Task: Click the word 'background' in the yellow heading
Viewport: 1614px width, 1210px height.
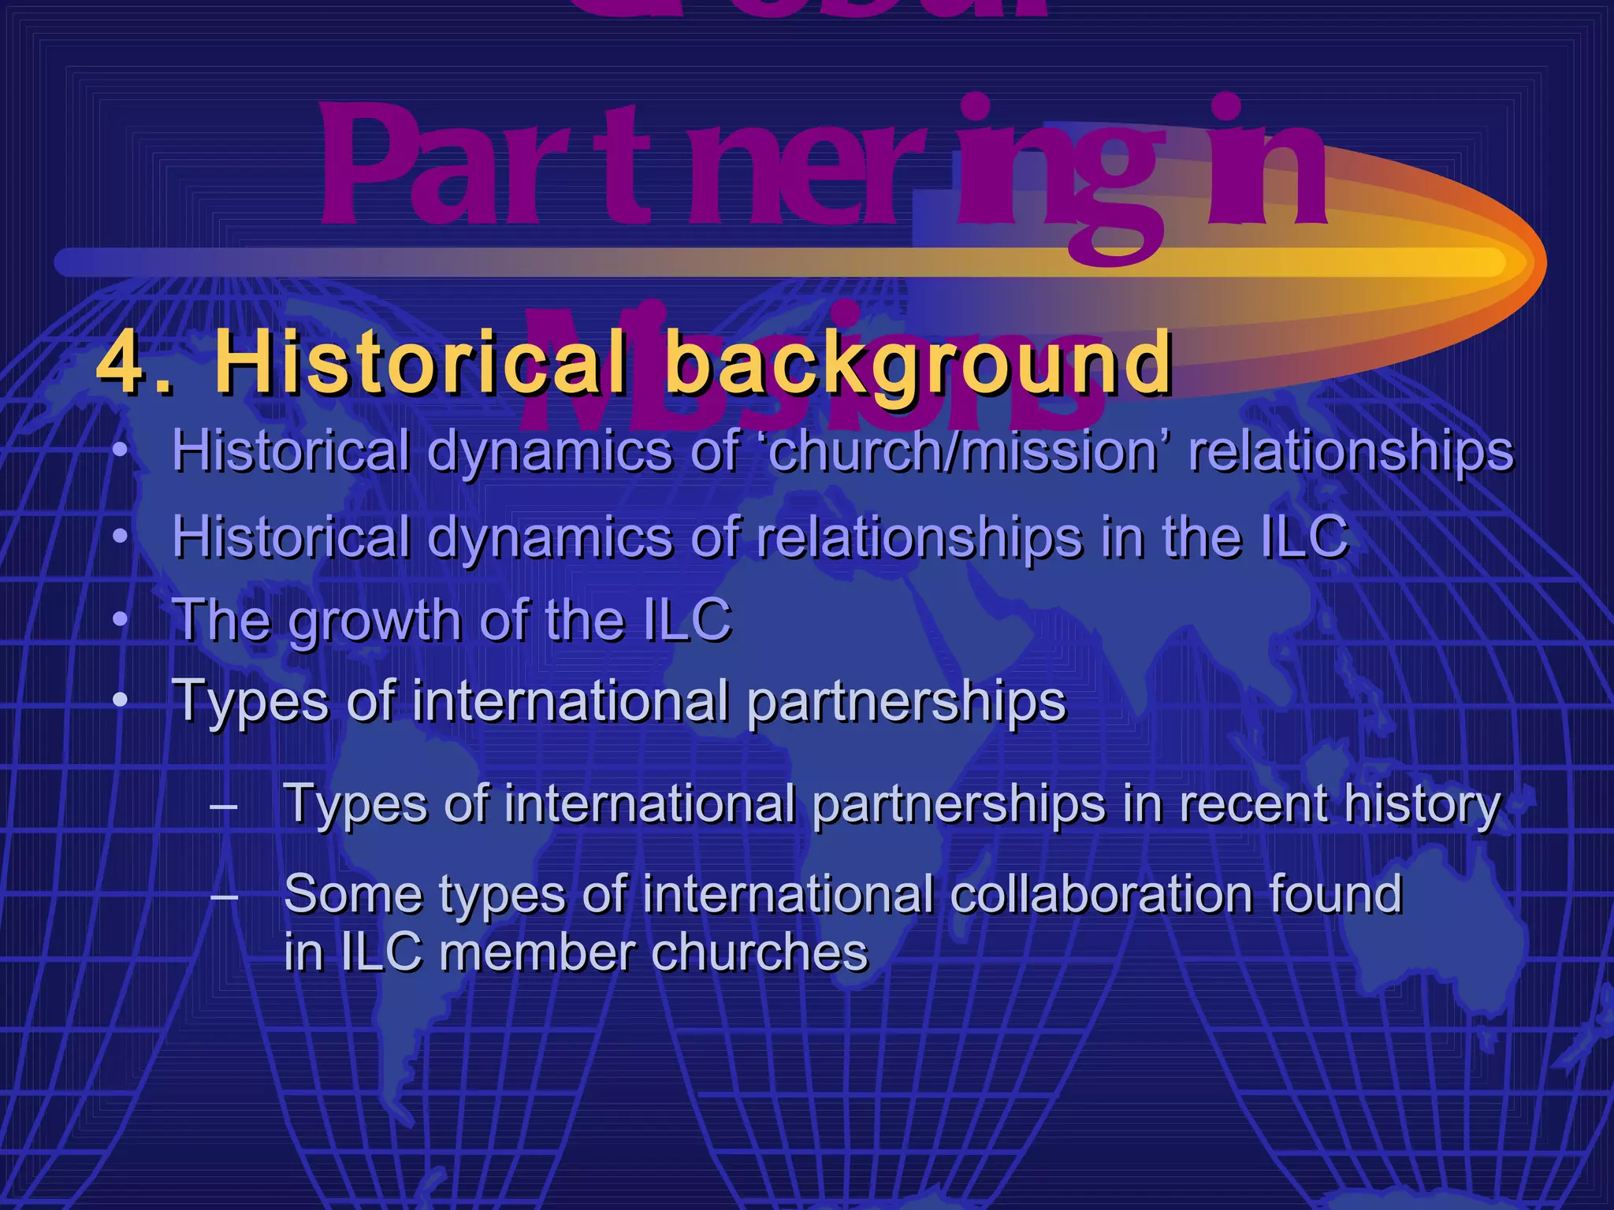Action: pos(919,365)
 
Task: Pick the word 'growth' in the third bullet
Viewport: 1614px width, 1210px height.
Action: pos(375,622)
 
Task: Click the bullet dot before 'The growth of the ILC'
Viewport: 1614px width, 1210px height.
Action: pos(119,620)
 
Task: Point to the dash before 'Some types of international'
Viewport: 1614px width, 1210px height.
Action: pos(225,895)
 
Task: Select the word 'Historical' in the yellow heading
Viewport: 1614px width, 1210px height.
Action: pos(422,363)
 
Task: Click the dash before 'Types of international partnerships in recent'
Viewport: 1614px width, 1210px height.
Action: pos(225,805)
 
